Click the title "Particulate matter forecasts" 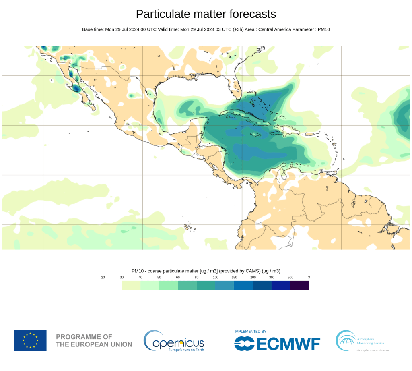click(x=206, y=14)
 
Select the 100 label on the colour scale click(x=216, y=277)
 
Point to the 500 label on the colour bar click(x=290, y=277)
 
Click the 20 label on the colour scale click(x=103, y=277)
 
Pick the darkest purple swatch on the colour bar click(x=300, y=285)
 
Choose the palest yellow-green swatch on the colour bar click(x=131, y=285)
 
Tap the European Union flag click(x=31, y=340)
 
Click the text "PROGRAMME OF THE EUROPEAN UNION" click(x=94, y=340)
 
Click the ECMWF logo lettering click(x=277, y=344)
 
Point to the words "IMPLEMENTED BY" click(x=250, y=332)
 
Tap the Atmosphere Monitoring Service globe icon click(x=345, y=340)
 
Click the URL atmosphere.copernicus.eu click(x=373, y=350)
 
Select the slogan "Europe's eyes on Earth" click(x=185, y=350)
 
